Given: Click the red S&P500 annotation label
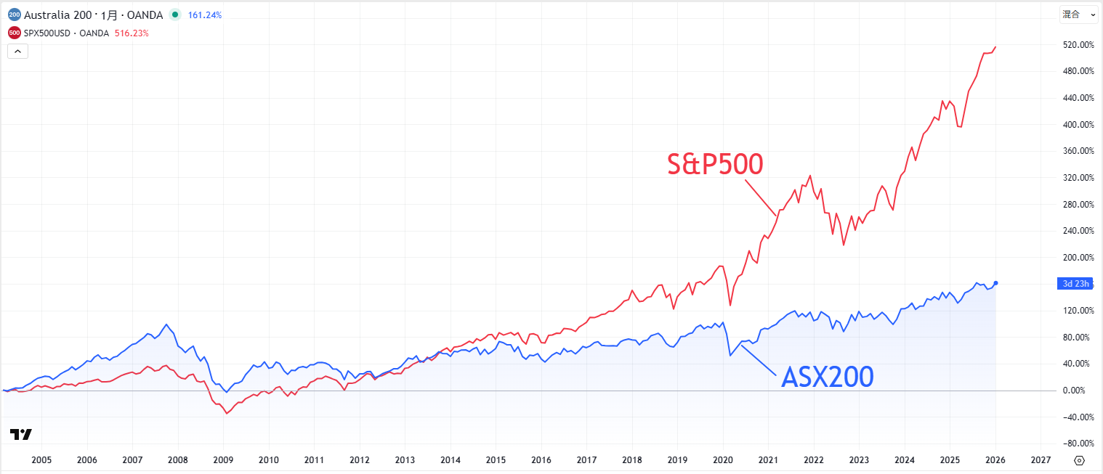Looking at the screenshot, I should pyautogui.click(x=715, y=165).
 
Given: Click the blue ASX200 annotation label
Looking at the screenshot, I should pyautogui.click(x=827, y=377).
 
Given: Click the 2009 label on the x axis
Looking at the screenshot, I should pyautogui.click(x=223, y=460).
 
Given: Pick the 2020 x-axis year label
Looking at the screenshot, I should pyautogui.click(x=723, y=460).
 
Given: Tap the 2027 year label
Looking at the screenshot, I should pyautogui.click(x=1041, y=460).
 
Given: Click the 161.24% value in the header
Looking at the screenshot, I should pyautogui.click(x=205, y=15).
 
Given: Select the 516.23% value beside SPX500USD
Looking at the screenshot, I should pyautogui.click(x=132, y=33).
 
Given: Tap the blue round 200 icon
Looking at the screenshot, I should pyautogui.click(x=15, y=15).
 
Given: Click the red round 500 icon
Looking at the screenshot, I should pyautogui.click(x=15, y=33).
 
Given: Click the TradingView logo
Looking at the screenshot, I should pyautogui.click(x=21, y=435).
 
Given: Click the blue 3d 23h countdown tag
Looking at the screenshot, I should pyautogui.click(x=1075, y=284).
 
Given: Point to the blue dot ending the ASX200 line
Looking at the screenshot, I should pyautogui.click(x=995, y=283).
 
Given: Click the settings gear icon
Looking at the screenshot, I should pyautogui.click(x=1079, y=460).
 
